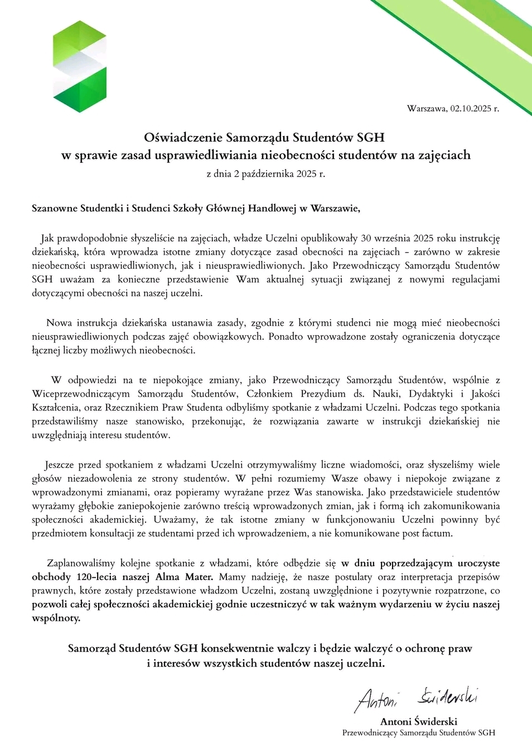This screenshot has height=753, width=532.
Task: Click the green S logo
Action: pyautogui.click(x=80, y=66)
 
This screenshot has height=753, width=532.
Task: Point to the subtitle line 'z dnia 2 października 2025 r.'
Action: pyautogui.click(x=265, y=173)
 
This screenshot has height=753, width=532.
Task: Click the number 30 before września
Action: pyautogui.click(x=366, y=239)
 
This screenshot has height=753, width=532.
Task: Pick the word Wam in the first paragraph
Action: pyautogui.click(x=248, y=279)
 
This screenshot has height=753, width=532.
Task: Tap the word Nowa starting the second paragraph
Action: pyautogui.click(x=59, y=323)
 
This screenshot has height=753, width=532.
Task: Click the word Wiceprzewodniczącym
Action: pyautogui.click(x=81, y=394)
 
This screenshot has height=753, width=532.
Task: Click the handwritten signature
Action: pyautogui.click(x=416, y=698)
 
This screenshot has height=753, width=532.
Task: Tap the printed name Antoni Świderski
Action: pyautogui.click(x=418, y=721)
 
